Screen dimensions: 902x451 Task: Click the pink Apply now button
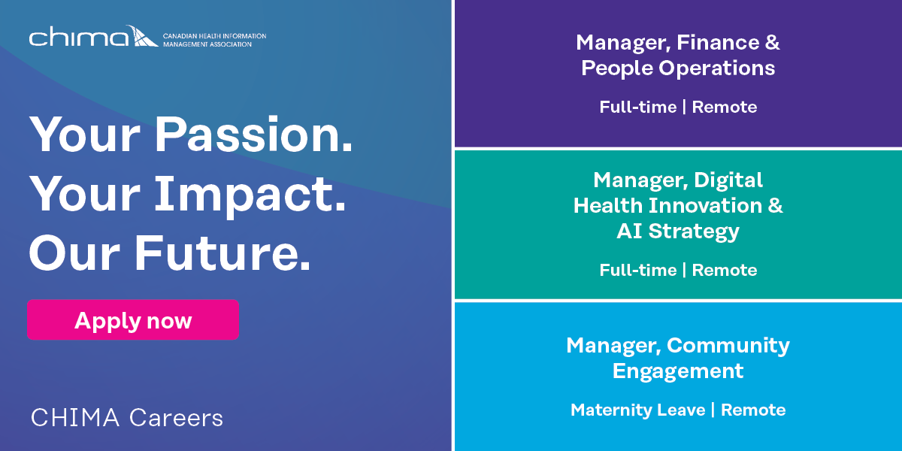(133, 319)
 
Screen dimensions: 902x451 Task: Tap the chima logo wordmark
(79, 37)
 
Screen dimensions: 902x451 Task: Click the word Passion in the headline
(254, 134)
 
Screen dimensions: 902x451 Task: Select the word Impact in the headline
(250, 195)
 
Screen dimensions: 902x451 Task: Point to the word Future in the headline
(222, 254)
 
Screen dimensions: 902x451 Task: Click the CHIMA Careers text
(127, 418)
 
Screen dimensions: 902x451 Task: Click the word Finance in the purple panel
(718, 42)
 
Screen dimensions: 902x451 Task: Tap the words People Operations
(678, 68)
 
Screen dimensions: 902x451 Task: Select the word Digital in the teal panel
(728, 180)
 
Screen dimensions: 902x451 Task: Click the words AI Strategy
(678, 232)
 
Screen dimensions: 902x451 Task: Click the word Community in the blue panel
(728, 346)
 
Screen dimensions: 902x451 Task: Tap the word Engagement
(678, 371)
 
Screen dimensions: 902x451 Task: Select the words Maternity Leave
(638, 410)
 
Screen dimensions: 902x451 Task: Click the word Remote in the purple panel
(725, 107)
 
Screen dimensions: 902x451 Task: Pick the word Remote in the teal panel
(725, 270)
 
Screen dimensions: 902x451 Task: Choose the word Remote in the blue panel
(753, 410)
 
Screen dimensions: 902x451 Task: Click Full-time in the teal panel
(638, 270)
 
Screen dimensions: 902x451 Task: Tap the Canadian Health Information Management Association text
(214, 41)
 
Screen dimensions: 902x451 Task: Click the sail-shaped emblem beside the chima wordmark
(142, 36)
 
